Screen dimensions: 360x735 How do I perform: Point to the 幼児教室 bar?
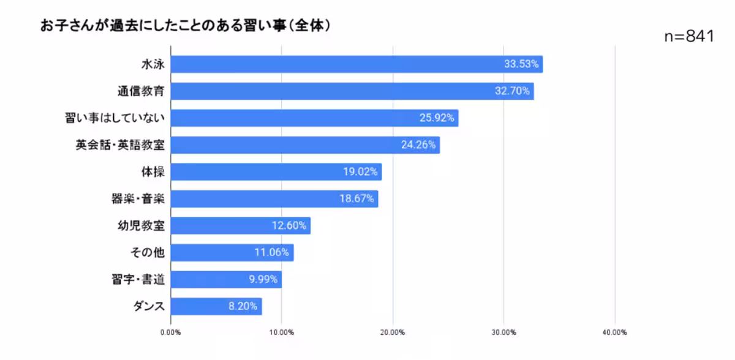pyautogui.click(x=227, y=225)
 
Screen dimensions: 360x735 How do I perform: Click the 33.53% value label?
pyautogui.click(x=521, y=64)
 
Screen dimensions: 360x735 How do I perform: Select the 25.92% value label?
pyautogui.click(x=437, y=118)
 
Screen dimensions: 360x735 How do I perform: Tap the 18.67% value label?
pyautogui.click(x=356, y=199)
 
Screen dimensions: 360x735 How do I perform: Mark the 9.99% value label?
pyautogui.click(x=264, y=279)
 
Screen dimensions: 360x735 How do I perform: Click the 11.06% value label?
pyautogui.click(x=272, y=252)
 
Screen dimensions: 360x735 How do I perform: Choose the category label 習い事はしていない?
pyautogui.click(x=115, y=118)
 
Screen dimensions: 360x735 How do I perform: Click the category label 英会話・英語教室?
pyautogui.click(x=120, y=145)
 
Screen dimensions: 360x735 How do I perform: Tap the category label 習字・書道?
pyautogui.click(x=135, y=279)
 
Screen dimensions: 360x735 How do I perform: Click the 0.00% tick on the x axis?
pyautogui.click(x=170, y=332)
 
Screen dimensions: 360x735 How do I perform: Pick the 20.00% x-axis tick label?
pyautogui.click(x=393, y=332)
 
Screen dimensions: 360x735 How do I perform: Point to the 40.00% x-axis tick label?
pyautogui.click(x=614, y=332)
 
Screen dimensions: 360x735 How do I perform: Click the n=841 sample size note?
pyautogui.click(x=689, y=37)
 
